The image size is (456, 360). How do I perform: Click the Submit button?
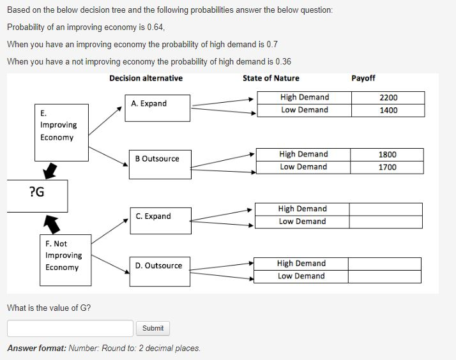(x=153, y=328)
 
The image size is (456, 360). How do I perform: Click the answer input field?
(x=70, y=328)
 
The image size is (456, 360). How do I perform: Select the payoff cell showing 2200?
(x=388, y=98)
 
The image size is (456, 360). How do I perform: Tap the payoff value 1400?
(x=388, y=110)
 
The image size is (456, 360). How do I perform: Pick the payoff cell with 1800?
(x=387, y=154)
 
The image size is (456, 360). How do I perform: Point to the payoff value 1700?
(x=387, y=167)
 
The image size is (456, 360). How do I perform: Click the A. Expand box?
(x=158, y=107)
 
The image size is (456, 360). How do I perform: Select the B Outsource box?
(x=158, y=159)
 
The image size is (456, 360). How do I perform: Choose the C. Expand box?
(x=158, y=217)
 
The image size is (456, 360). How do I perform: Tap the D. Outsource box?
(x=158, y=266)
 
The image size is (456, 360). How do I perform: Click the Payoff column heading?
(x=363, y=79)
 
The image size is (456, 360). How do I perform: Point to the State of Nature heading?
(x=271, y=79)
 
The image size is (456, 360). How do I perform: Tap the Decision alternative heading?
(x=146, y=79)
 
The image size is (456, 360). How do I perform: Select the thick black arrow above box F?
(x=52, y=223)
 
